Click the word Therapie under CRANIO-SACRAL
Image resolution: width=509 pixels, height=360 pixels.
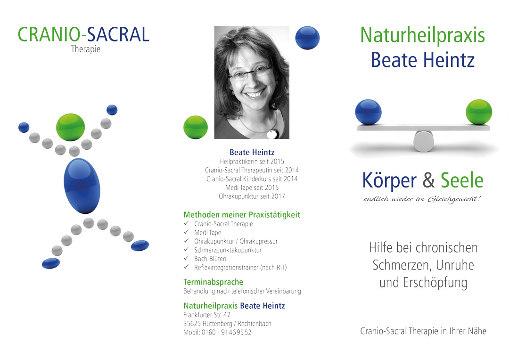[x=86, y=49]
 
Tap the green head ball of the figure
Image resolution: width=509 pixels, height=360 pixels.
[x=70, y=127]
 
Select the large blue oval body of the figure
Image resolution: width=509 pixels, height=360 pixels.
[x=82, y=186]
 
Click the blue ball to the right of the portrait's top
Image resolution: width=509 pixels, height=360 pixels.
[x=307, y=38]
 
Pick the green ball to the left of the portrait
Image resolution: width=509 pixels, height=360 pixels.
[x=196, y=127]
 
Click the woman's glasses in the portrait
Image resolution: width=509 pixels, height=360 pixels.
[x=250, y=73]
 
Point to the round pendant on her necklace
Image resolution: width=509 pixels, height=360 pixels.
[x=273, y=134]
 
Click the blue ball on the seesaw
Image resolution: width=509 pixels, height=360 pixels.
[x=368, y=112]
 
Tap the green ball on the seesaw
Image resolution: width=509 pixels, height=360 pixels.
[x=479, y=112]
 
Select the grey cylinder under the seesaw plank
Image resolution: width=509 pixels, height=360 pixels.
[x=424, y=141]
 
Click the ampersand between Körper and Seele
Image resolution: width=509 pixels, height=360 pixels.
[x=428, y=180]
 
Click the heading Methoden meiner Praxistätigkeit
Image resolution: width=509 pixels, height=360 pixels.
[x=242, y=214]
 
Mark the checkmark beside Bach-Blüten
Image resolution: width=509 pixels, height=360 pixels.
[x=186, y=258]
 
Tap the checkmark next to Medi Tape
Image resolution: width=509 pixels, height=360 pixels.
[x=186, y=232]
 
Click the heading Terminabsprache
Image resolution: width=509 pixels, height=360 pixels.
[x=213, y=282]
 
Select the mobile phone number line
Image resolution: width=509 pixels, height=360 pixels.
[x=217, y=332]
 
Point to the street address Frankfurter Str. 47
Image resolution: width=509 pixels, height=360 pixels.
[x=207, y=315]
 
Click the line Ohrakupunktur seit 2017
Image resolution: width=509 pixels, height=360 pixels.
[x=252, y=196]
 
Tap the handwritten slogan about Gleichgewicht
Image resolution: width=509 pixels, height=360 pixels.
[x=422, y=199]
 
